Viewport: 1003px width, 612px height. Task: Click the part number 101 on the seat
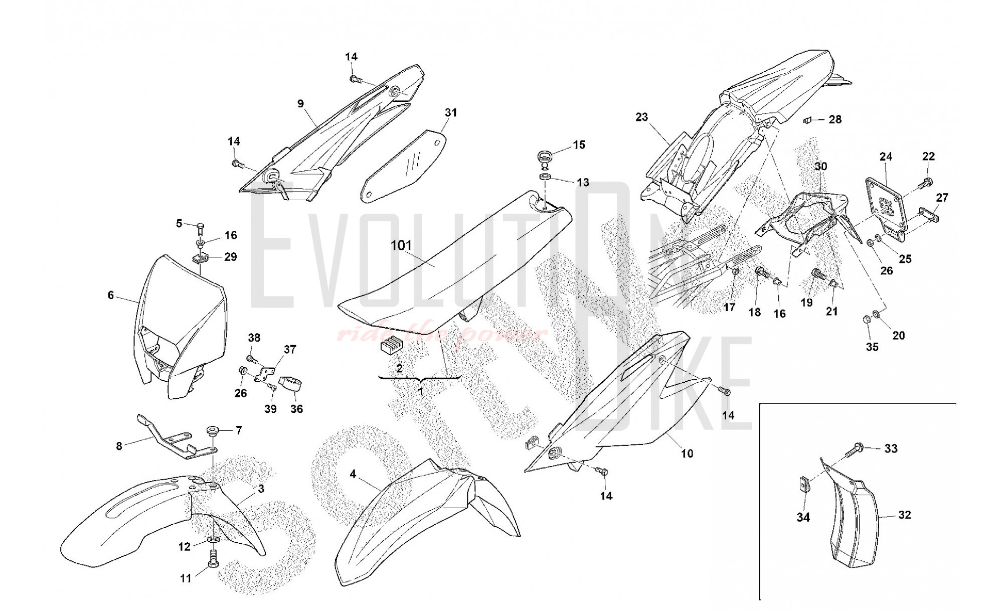(401, 245)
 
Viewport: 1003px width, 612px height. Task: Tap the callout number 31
(451, 113)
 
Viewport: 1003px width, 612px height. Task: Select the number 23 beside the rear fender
(641, 117)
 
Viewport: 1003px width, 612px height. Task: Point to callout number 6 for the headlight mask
(111, 295)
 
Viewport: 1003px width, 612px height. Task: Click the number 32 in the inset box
(904, 515)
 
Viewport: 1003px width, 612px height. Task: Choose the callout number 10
(687, 453)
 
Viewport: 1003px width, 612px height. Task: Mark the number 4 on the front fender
(353, 474)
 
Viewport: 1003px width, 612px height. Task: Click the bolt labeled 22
(925, 182)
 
